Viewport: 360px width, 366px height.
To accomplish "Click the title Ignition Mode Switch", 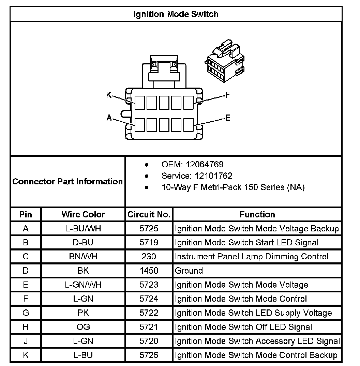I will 176,14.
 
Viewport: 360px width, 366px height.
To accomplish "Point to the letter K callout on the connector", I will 109,95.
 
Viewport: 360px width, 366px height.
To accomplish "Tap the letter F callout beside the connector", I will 228,95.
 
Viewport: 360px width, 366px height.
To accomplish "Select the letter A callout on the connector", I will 109,118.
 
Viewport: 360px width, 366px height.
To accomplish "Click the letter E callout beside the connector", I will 228,118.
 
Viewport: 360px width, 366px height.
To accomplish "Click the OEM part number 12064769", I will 205,165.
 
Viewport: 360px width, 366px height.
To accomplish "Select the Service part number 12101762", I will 213,176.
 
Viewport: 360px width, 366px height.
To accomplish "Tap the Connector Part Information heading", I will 67,181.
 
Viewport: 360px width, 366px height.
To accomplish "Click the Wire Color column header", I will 83,214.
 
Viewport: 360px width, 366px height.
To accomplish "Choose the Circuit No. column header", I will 149,214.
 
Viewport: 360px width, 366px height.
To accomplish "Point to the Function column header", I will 257,214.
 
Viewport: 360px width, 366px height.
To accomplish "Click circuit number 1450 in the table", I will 149,271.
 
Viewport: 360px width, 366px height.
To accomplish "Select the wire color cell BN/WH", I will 83,257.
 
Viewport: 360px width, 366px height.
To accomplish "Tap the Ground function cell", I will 189,271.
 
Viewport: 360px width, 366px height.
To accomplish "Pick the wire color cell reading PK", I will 83,313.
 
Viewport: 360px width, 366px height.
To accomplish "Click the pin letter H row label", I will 26,327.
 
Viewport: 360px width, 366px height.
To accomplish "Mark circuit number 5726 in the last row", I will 149,355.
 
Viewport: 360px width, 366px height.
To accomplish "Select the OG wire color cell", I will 83,327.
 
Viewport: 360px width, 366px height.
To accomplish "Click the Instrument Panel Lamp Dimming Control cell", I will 252,257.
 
